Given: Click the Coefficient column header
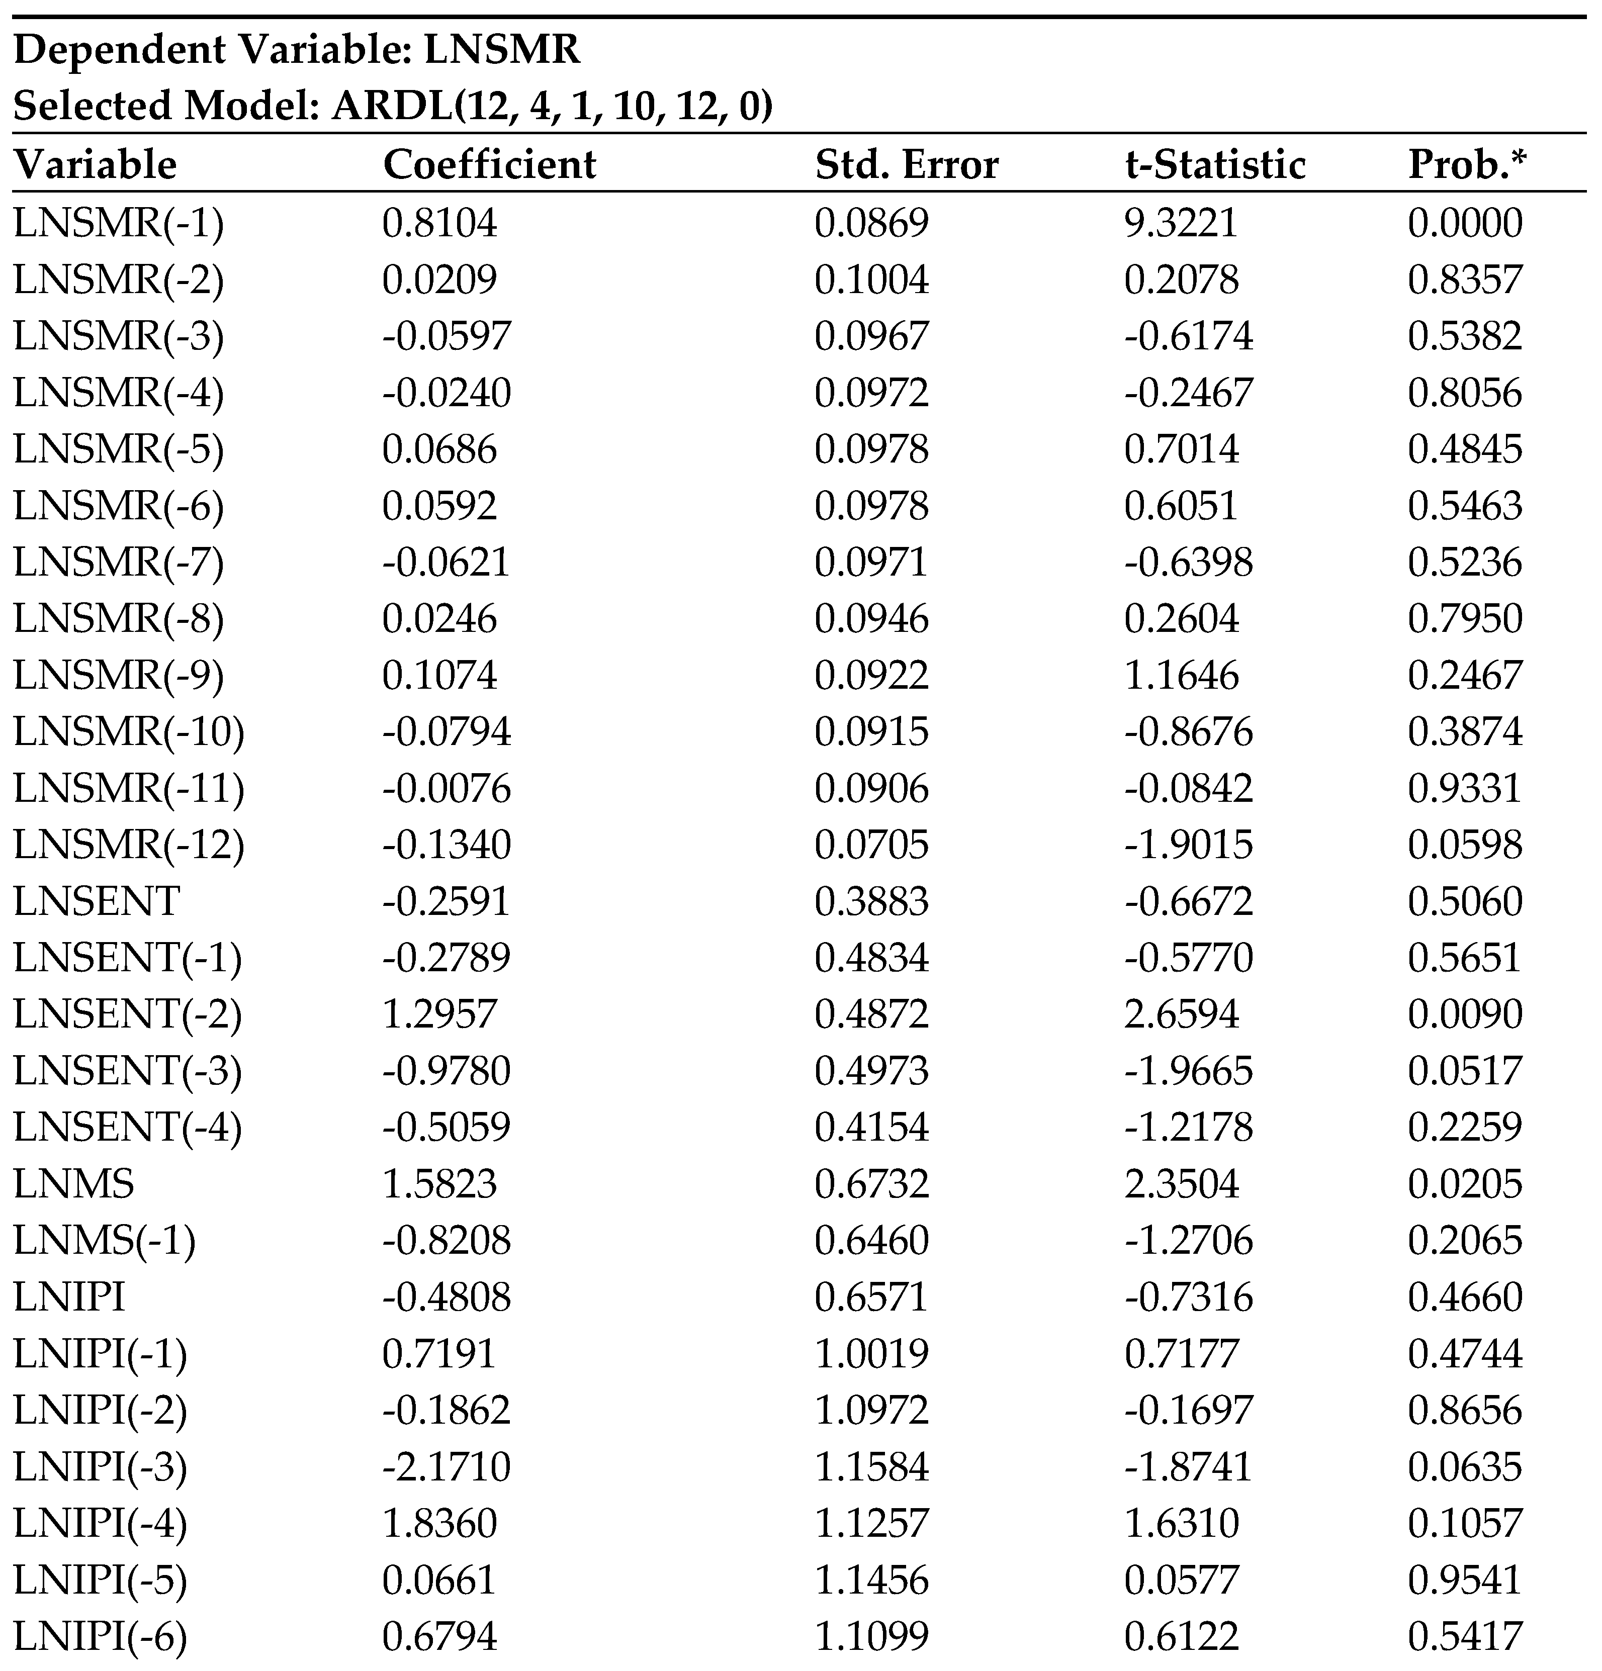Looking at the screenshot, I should (489, 164).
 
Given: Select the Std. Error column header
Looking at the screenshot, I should (906, 164).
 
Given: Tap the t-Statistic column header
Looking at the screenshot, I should (1215, 164).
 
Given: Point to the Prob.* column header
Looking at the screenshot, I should (1466, 164).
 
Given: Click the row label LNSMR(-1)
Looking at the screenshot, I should (119, 223).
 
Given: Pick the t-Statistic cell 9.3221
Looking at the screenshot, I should (1181, 223).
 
